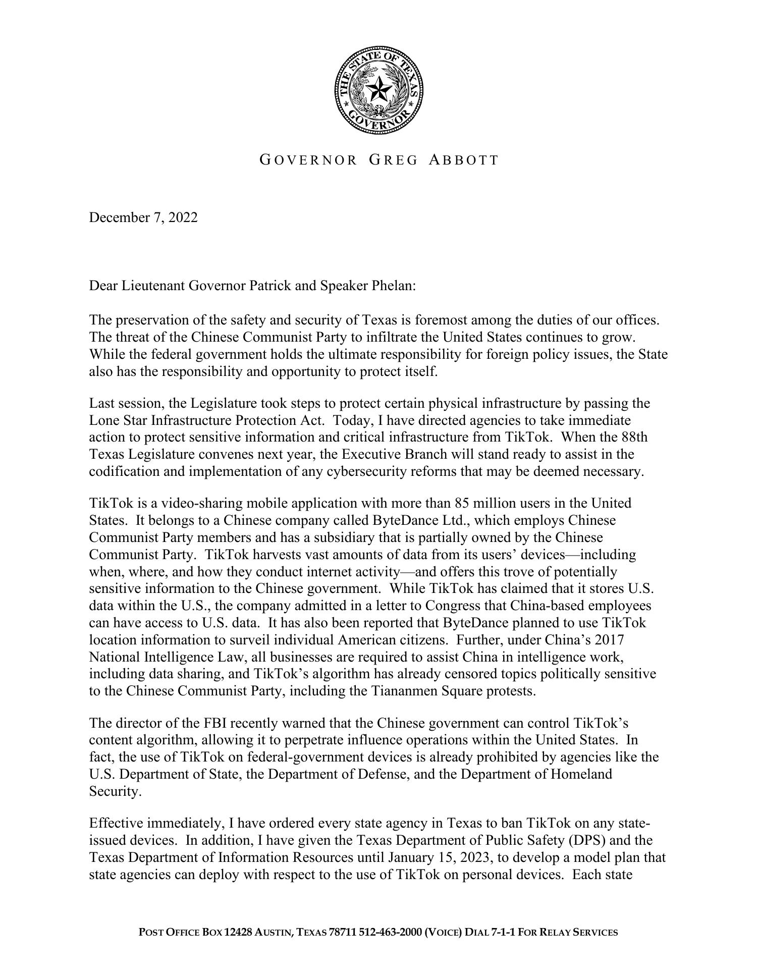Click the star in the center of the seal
click(379, 91)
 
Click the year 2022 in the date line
click(183, 217)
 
